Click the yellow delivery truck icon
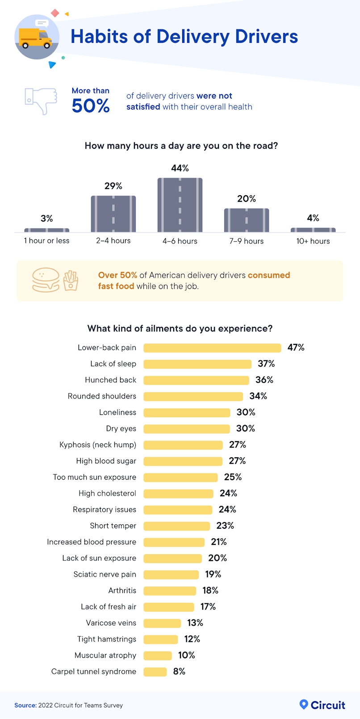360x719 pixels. tap(36, 38)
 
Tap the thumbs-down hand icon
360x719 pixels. tap(41, 100)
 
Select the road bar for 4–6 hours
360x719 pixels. tap(180, 205)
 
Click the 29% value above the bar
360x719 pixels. tap(113, 186)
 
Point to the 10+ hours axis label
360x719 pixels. tap(313, 241)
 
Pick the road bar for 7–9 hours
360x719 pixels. tap(247, 220)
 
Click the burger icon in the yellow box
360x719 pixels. tap(46, 280)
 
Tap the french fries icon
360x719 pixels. tap(71, 280)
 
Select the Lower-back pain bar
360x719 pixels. tap(212, 348)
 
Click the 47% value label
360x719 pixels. tap(296, 347)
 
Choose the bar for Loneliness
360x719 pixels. tap(187, 413)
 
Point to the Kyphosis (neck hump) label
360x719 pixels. tap(98, 445)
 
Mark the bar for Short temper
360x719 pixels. tap(176, 526)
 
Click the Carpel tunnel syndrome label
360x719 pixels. tap(94, 672)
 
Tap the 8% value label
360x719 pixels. tap(179, 672)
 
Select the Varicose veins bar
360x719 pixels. tap(162, 623)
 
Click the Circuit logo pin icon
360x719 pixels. tap(304, 704)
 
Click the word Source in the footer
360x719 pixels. tap(25, 706)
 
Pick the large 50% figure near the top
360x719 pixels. tap(91, 106)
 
